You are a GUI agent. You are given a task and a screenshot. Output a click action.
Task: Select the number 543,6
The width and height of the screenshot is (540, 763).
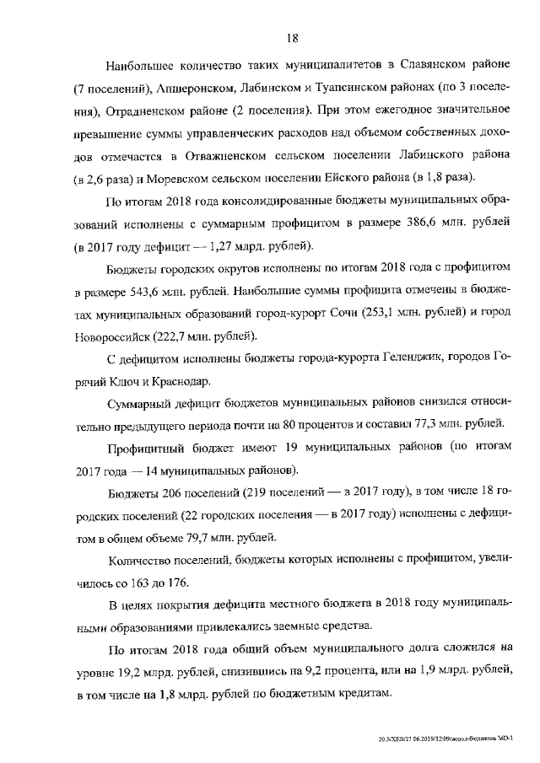(141, 293)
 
